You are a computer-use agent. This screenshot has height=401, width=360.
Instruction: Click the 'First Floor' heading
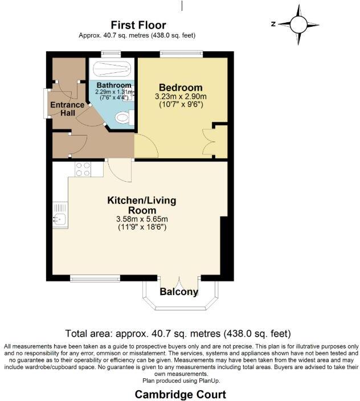coord(138,25)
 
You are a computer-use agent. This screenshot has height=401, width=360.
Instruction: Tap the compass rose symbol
coord(298,24)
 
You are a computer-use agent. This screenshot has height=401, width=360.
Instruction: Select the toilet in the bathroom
coord(122,118)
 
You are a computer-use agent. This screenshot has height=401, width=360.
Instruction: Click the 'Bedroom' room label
coord(180,87)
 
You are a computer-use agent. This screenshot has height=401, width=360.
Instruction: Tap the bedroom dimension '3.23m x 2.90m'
coord(180,96)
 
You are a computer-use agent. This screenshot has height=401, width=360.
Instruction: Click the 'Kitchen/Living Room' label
coord(142,205)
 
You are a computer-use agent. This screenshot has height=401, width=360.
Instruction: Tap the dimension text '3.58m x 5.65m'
coord(142,219)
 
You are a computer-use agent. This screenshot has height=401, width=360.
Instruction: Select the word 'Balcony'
coord(179,292)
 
